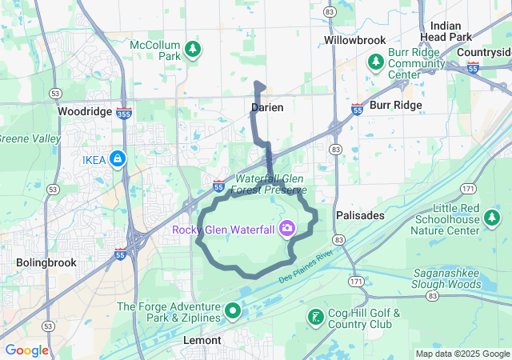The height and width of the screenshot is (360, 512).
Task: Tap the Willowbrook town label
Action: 354,39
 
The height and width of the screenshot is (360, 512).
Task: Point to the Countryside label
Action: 483,52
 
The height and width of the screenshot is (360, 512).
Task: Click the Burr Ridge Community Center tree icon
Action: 375,62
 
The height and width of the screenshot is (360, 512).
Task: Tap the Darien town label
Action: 266,107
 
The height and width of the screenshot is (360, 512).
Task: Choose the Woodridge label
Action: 85,111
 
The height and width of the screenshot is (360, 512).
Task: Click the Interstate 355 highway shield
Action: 124,114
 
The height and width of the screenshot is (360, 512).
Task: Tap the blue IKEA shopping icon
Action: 118,159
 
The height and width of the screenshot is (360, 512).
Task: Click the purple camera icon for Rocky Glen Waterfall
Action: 286,230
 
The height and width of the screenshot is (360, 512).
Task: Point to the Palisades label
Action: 361,215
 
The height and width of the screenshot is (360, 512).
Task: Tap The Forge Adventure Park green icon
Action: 233,310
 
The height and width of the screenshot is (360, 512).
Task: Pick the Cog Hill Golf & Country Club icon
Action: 315,318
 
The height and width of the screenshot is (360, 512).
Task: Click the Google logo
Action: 26,350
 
